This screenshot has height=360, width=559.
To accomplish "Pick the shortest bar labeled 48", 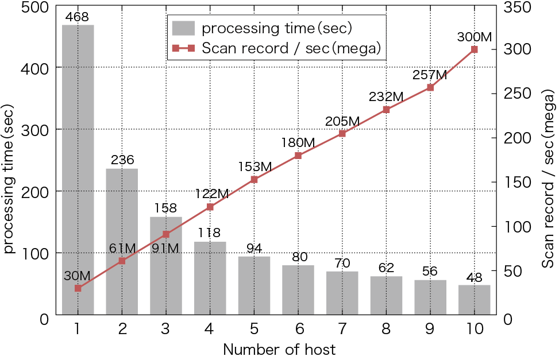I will pyautogui.click(x=475, y=300).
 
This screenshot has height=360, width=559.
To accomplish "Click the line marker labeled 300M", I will pyautogui.click(x=475, y=49).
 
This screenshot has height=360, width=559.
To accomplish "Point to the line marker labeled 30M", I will pyautogui.click(x=78, y=288).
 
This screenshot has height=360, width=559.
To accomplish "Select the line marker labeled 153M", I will pyautogui.click(x=254, y=179).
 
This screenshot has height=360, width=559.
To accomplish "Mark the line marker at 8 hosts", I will pyautogui.click(x=386, y=109).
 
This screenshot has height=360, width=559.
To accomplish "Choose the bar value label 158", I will pyautogui.click(x=165, y=208).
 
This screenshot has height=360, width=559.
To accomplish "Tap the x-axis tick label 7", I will pyautogui.click(x=342, y=330).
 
